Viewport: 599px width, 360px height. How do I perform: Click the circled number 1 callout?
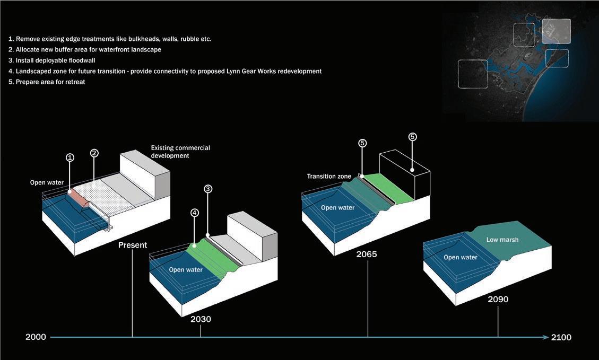click(70, 157)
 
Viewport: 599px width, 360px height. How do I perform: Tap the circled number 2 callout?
click(94, 153)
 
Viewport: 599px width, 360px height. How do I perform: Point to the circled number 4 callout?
click(194, 213)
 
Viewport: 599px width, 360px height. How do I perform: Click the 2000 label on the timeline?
click(36, 337)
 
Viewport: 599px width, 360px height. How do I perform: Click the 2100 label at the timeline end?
click(561, 337)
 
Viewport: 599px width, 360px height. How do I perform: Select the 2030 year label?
click(201, 319)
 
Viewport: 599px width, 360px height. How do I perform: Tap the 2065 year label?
click(367, 254)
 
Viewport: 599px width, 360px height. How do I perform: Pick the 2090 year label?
click(498, 299)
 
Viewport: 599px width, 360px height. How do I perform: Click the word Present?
click(133, 245)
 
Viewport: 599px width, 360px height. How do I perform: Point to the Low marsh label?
click(502, 240)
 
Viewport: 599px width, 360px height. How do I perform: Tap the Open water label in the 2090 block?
click(460, 258)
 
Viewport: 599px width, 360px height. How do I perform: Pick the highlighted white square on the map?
click(556, 31)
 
